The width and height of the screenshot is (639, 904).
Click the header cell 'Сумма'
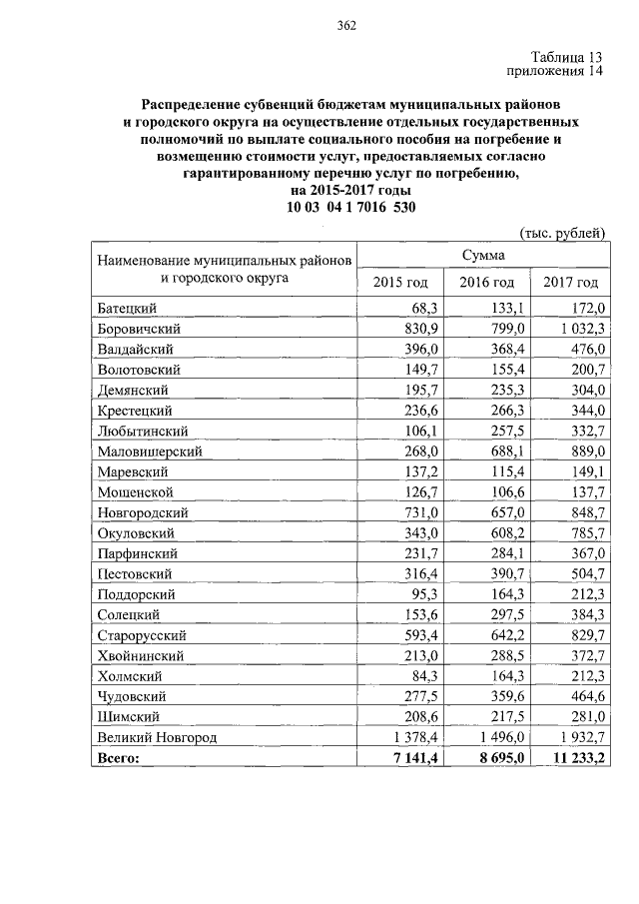pos(481,257)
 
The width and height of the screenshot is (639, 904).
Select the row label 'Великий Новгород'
pos(157,737)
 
